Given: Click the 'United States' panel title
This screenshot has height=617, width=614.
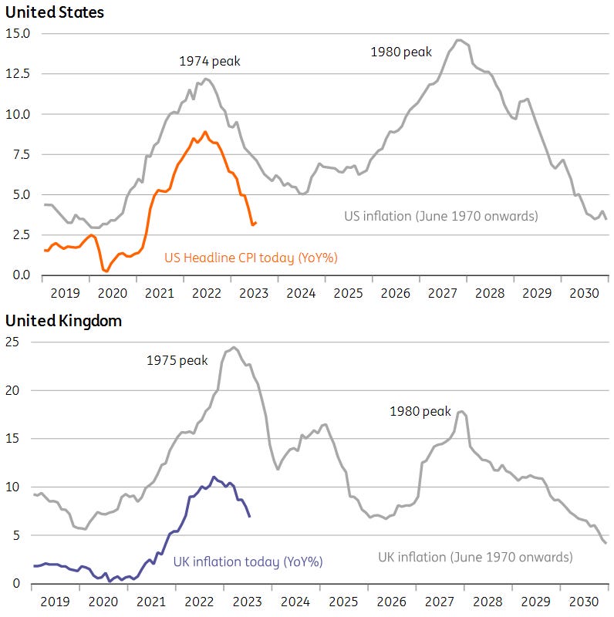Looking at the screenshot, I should click(x=55, y=12).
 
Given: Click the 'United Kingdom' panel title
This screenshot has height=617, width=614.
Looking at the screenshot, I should click(x=63, y=321).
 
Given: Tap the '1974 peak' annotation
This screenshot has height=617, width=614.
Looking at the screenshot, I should click(x=210, y=60).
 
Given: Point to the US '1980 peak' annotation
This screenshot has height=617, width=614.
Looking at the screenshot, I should click(x=401, y=52).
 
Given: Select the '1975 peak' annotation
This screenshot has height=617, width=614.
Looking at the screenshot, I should click(x=177, y=360).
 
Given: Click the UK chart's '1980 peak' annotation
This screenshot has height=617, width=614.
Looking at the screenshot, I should click(x=420, y=412).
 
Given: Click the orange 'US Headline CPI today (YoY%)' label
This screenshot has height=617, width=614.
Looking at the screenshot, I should click(x=251, y=258).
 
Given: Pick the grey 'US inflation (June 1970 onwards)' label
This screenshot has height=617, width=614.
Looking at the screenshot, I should click(x=440, y=216).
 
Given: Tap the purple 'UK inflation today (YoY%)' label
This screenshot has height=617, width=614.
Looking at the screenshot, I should click(x=247, y=561).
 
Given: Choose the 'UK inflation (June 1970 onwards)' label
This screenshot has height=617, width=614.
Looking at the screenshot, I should click(x=475, y=557).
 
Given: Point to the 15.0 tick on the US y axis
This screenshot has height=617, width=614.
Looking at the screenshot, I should click(x=18, y=34).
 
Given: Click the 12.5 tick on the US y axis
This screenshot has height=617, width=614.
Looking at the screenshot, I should click(x=18, y=74).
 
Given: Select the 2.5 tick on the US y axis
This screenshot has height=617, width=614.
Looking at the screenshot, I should click(x=19, y=234).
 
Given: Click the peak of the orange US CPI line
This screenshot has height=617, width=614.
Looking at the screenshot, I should click(x=204, y=131).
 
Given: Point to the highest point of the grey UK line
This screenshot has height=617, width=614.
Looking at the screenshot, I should click(x=234, y=347).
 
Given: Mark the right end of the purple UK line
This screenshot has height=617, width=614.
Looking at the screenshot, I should click(x=249, y=516).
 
